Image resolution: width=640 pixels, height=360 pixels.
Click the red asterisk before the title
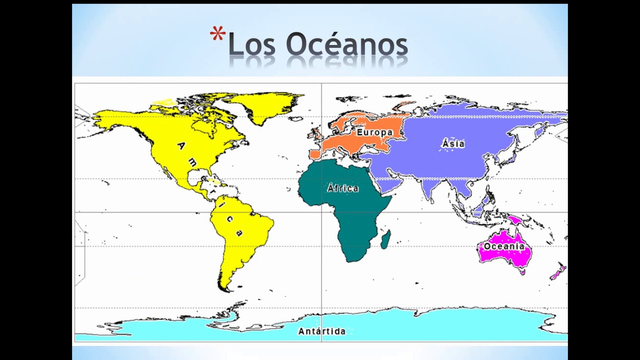coord(217,35)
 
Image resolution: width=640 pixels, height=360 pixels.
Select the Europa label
coord(374,132)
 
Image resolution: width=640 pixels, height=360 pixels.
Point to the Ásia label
coord(453,144)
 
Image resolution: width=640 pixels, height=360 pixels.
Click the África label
coord(343,188)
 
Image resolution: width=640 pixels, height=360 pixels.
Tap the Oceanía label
coord(504,246)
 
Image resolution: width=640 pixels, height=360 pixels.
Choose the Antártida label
coord(321,331)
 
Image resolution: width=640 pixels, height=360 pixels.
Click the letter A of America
coord(181,145)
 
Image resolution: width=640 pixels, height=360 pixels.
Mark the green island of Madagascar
coord(385,239)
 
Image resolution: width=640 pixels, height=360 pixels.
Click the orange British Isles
coord(315,134)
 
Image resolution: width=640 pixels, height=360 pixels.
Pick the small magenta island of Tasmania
coord(523,272)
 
